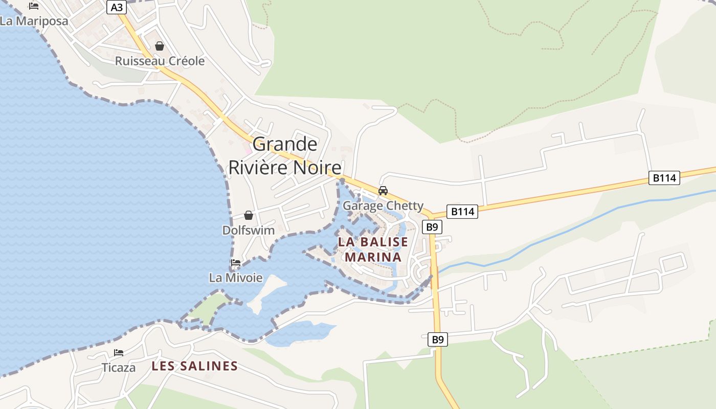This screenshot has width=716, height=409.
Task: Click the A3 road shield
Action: tap(117, 7)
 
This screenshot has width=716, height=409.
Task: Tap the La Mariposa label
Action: tap(34, 21)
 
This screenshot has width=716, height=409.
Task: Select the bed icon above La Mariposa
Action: tap(34, 6)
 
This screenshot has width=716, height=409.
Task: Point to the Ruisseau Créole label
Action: tap(160, 61)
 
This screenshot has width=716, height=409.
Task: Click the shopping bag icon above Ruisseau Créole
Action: tap(160, 46)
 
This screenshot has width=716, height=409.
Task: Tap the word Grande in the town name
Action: tap(285, 144)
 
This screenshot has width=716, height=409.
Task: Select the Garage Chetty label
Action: tap(383, 206)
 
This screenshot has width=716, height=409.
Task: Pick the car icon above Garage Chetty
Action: tap(383, 191)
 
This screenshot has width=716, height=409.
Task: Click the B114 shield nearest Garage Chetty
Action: tap(462, 211)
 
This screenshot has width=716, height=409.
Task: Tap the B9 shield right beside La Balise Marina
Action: tap(432, 226)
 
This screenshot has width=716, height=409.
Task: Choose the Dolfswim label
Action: tap(249, 230)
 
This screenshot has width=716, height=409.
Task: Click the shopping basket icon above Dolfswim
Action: tap(249, 215)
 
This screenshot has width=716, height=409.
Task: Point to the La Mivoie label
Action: tap(236, 278)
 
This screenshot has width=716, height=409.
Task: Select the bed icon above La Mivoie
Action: tap(236, 263)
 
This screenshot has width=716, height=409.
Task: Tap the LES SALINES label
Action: tap(195, 366)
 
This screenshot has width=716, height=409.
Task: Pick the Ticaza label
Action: tap(119, 368)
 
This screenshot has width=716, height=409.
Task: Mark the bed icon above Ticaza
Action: tap(119, 353)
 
